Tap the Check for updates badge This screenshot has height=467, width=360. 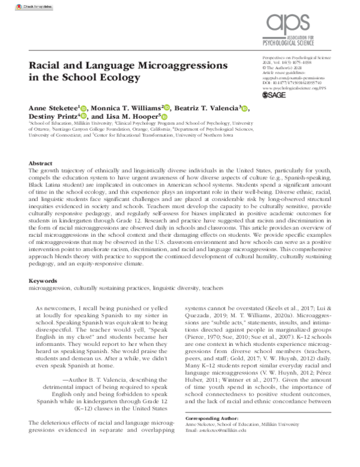(x=19, y=5)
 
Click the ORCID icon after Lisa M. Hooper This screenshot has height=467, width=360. (x=163, y=116)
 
